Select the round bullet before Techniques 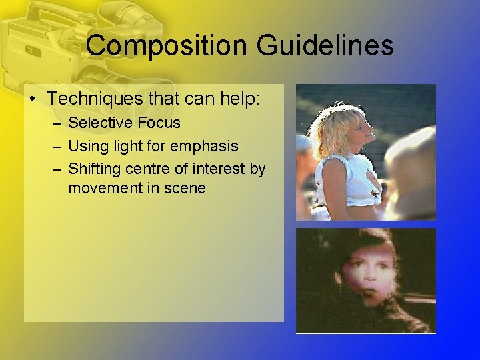pos(33,99)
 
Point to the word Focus pos(158,123)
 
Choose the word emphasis pos(206,145)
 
